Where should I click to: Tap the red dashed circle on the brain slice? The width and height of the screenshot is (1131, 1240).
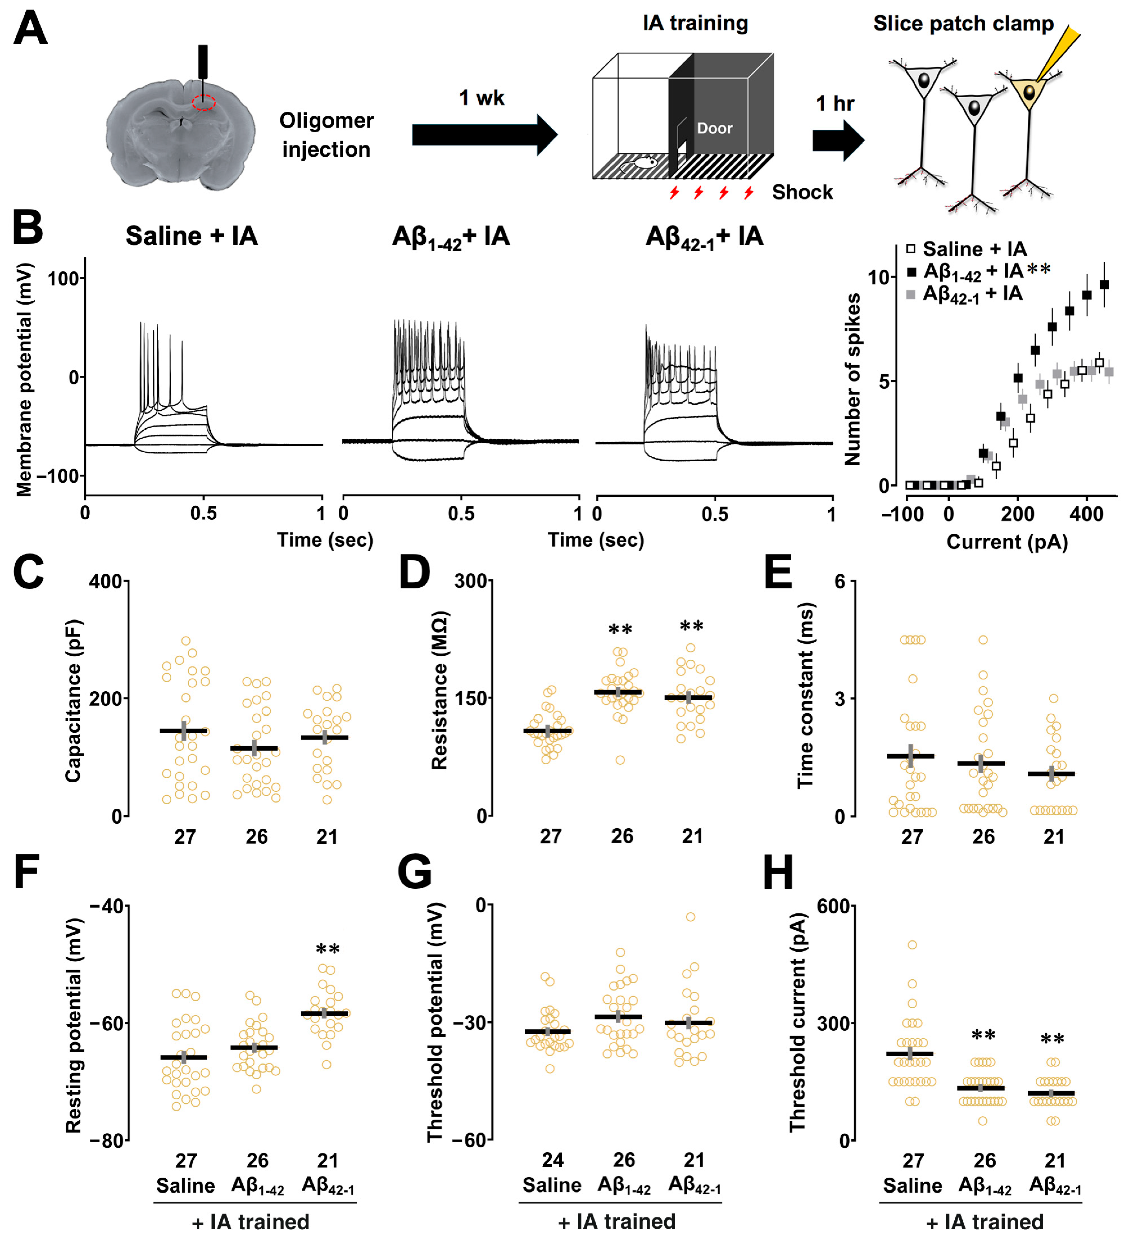coord(204,102)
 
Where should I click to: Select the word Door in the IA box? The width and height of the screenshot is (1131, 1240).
coord(714,128)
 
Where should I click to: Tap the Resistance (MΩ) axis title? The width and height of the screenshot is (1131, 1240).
coord(439,690)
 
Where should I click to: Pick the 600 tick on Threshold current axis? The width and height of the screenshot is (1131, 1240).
coord(833,906)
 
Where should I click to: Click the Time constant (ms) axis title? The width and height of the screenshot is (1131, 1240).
coord(805,695)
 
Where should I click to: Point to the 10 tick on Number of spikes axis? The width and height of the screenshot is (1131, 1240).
coord(878,277)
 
